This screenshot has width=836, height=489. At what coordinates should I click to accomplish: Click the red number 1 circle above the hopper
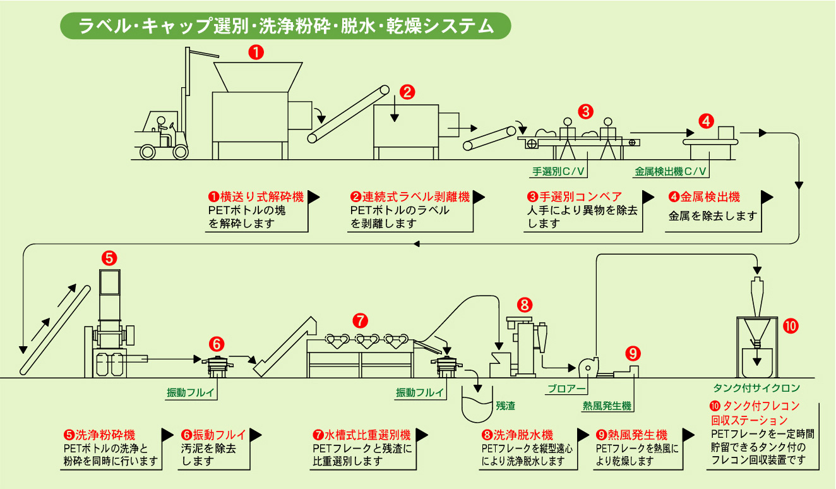coord(256,52)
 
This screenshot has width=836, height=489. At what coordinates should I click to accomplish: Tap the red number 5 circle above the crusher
coord(109,257)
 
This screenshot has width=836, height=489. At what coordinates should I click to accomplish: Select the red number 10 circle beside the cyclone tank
coord(790,326)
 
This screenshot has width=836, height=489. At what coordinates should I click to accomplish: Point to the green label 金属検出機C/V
coord(670,171)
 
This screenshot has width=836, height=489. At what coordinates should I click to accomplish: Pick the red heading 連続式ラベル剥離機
coord(410,197)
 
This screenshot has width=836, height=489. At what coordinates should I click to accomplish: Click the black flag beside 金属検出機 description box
coord(767,197)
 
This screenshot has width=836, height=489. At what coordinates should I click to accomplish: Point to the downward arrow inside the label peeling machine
coord(395,111)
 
